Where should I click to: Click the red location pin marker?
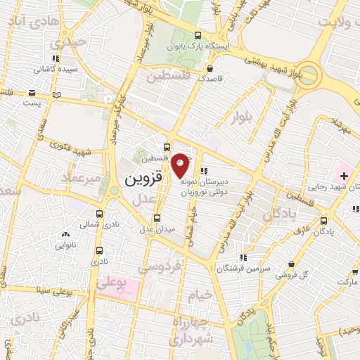181,164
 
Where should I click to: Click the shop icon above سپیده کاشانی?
56,60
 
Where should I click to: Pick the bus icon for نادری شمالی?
98,214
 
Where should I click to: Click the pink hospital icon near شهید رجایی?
345,174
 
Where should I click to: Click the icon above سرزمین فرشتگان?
243,257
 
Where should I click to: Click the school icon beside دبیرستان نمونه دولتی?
203,171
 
